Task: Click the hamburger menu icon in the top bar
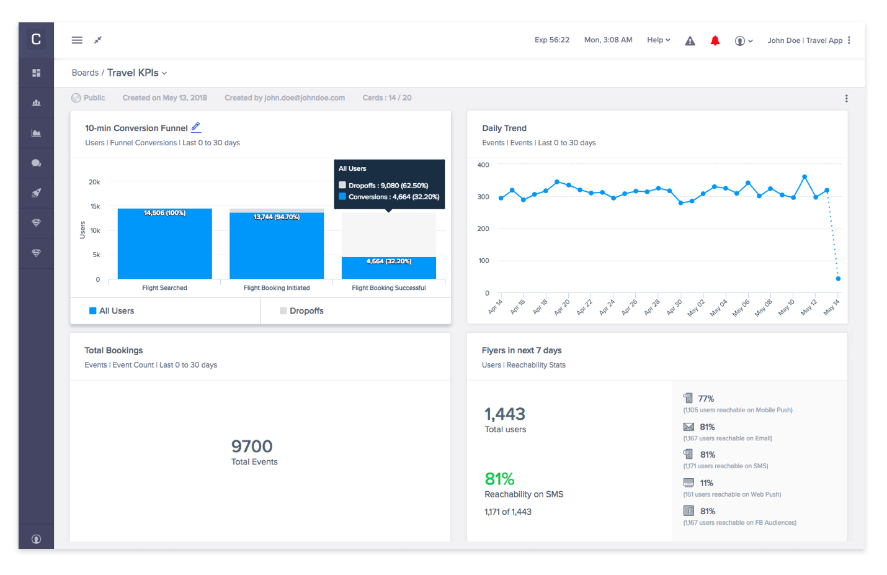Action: pos(77,40)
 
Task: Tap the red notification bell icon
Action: pos(715,41)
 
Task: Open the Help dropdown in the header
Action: pos(658,40)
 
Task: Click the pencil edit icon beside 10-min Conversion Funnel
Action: pos(196,127)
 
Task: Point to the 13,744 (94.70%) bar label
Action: pos(277,217)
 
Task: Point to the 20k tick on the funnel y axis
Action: pos(94,182)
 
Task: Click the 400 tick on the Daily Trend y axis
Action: pos(483,165)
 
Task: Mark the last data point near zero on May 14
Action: pos(838,279)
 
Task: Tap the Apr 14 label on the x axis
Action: pos(495,307)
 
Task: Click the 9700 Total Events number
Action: pos(252,446)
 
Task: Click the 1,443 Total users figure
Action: pos(505,414)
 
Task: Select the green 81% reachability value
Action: pos(499,479)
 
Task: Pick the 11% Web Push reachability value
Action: pos(706,483)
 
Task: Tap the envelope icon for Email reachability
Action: pos(689,427)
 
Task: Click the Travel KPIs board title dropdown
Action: pos(137,73)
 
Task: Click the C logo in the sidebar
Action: pos(36,40)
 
